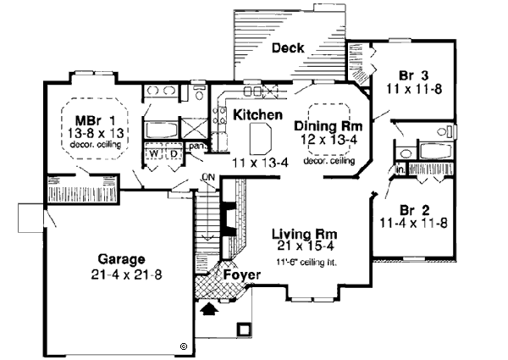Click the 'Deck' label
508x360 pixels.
point(288,49)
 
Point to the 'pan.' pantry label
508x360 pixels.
point(196,147)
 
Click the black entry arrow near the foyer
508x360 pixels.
point(207,309)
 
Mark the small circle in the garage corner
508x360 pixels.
point(183,345)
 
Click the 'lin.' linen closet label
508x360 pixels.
point(400,169)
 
